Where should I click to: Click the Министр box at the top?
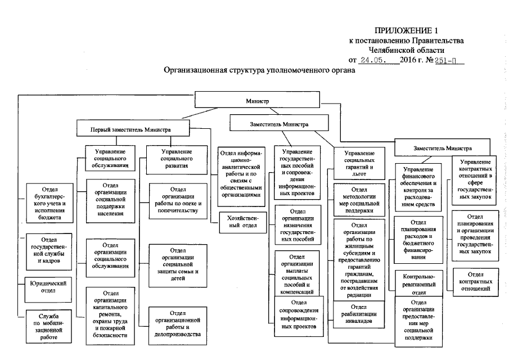pyautogui.click(x=257, y=100)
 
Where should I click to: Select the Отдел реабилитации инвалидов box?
pyautogui.click(x=357, y=314)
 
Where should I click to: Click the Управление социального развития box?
pyautogui.click(x=175, y=159)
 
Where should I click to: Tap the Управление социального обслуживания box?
pyautogui.click(x=110, y=159)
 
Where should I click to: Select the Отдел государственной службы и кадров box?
pyautogui.click(x=48, y=251)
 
